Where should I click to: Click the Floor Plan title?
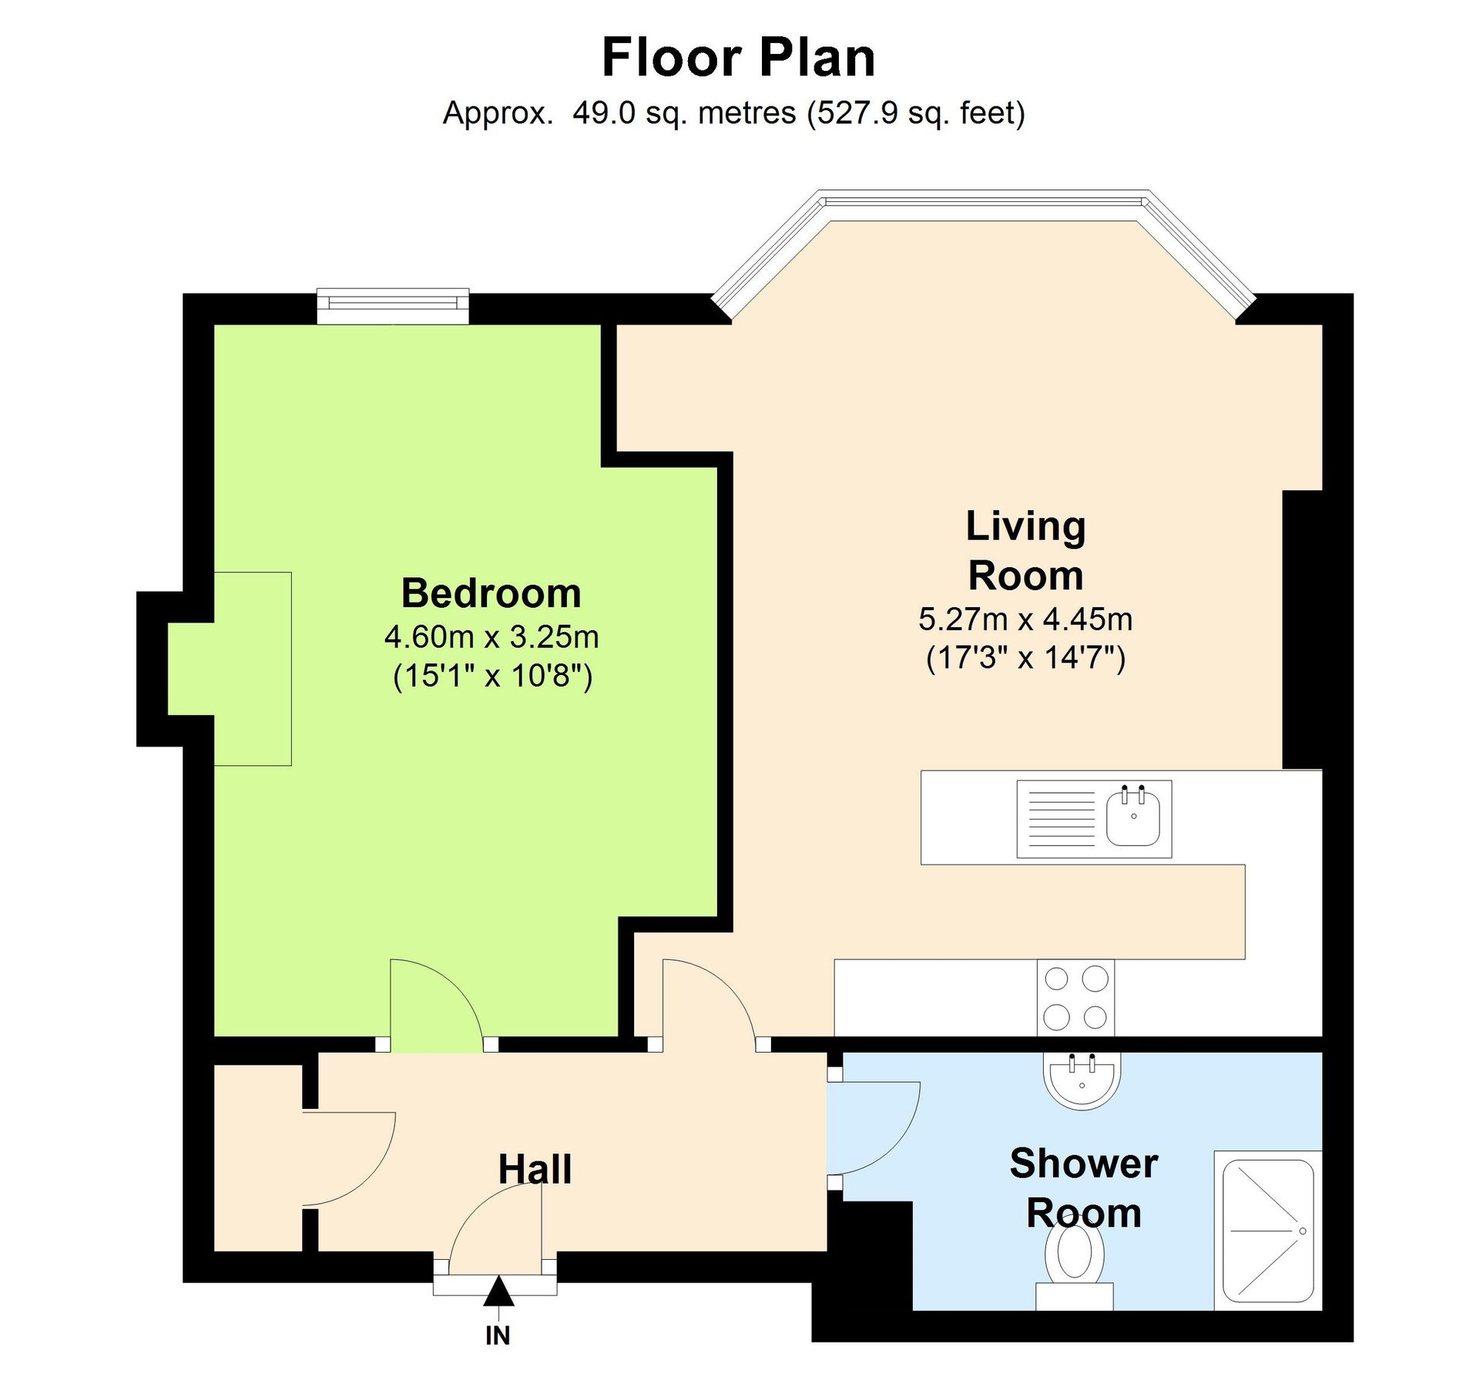737,58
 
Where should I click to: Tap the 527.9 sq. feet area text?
916,113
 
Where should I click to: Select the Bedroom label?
491,593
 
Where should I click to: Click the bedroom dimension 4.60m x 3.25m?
491,636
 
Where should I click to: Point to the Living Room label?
1025,550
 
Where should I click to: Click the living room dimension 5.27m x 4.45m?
1025,619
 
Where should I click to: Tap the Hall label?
535,1169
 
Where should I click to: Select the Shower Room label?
1083,1187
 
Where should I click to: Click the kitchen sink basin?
1132,819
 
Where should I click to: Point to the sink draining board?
1061,818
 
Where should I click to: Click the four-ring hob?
1075,998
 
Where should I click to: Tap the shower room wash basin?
1081,1080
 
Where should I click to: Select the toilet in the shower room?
1074,1264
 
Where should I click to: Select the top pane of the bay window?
984,202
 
